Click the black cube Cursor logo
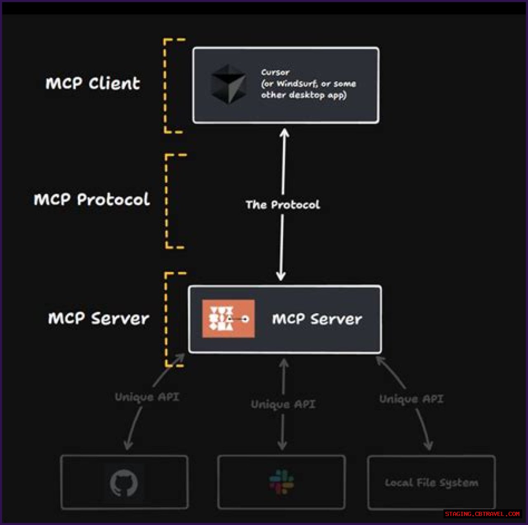click(x=229, y=84)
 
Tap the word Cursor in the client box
click(x=275, y=72)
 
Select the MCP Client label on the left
click(x=93, y=83)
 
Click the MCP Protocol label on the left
click(x=92, y=200)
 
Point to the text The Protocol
click(x=283, y=205)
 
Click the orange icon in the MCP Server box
click(x=228, y=319)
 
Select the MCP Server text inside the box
click(x=317, y=319)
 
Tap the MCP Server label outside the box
click(x=99, y=319)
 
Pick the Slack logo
click(x=282, y=482)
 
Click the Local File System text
click(x=431, y=483)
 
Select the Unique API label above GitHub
click(x=147, y=397)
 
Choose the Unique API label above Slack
click(x=283, y=404)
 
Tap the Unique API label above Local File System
click(x=411, y=399)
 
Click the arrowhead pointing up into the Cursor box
click(x=284, y=133)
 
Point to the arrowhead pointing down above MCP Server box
click(x=281, y=276)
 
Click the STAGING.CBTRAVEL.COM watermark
click(x=482, y=514)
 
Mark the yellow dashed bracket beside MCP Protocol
click(x=167, y=201)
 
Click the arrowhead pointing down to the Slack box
click(x=283, y=446)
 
